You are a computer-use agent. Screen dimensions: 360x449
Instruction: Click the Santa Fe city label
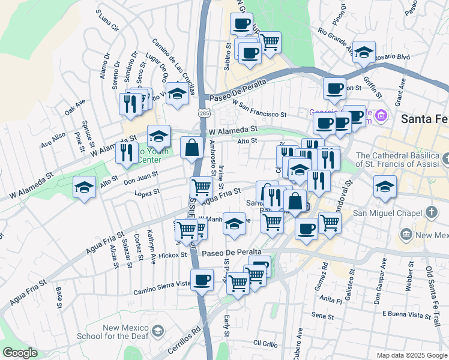[x=424, y=119]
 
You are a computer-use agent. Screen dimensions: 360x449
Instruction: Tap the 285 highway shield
[x=205, y=112]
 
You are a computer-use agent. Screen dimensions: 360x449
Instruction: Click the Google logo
[x=20, y=353]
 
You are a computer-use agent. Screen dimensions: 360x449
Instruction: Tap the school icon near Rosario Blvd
[x=364, y=53]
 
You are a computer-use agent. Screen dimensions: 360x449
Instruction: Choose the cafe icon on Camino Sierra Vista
[x=202, y=280]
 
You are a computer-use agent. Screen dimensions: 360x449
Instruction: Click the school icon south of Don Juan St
[x=84, y=188]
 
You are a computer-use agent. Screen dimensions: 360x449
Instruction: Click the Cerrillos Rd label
[x=188, y=337]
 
